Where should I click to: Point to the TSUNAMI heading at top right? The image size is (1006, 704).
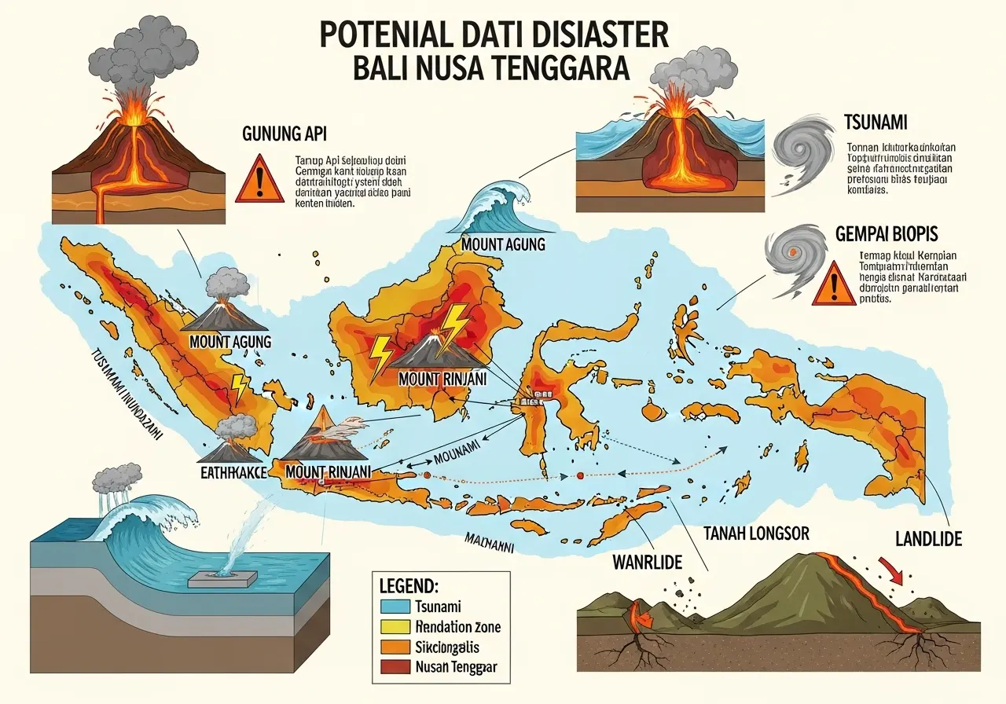[876, 123]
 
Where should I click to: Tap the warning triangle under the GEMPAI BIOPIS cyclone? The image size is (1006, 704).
[832, 284]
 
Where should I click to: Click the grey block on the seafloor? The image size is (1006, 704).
[223, 580]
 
